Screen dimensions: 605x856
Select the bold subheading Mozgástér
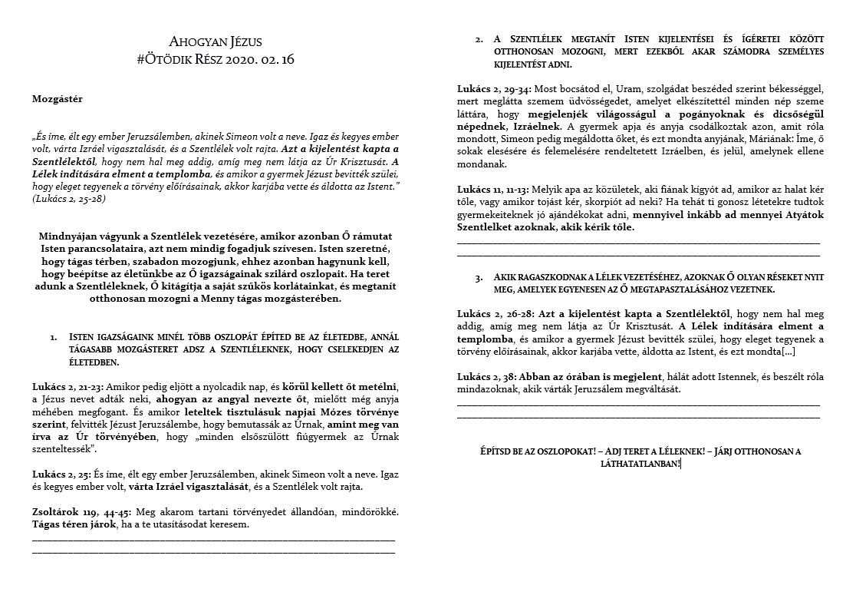click(58, 98)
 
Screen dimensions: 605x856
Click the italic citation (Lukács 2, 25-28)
click(69, 198)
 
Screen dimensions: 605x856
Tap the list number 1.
click(53, 336)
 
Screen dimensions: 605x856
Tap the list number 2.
click(479, 38)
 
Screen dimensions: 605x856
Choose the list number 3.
click(479, 277)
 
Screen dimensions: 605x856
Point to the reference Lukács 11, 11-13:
click(494, 189)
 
